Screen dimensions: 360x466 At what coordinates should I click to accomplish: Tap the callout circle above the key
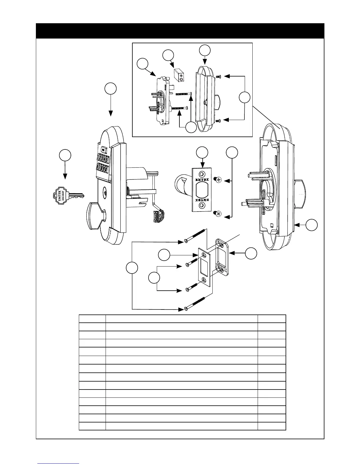[65, 155]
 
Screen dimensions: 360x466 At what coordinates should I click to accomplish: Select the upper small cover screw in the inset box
[218, 76]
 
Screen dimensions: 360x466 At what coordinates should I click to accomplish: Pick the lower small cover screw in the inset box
[218, 120]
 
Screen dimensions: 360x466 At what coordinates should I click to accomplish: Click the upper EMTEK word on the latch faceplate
[201, 179]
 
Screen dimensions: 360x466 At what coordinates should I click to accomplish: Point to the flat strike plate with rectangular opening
[205, 267]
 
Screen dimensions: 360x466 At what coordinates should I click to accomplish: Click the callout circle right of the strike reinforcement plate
[251, 253]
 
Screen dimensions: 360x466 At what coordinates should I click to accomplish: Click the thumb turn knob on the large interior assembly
[300, 194]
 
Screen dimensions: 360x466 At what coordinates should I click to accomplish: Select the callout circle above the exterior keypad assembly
[111, 89]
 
